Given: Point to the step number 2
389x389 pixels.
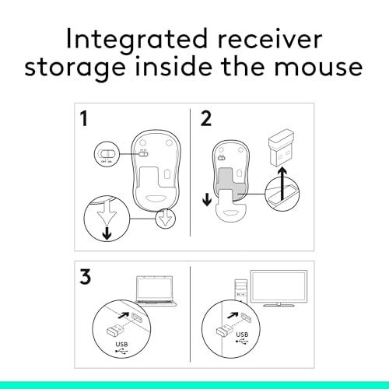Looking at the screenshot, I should point(207,121).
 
